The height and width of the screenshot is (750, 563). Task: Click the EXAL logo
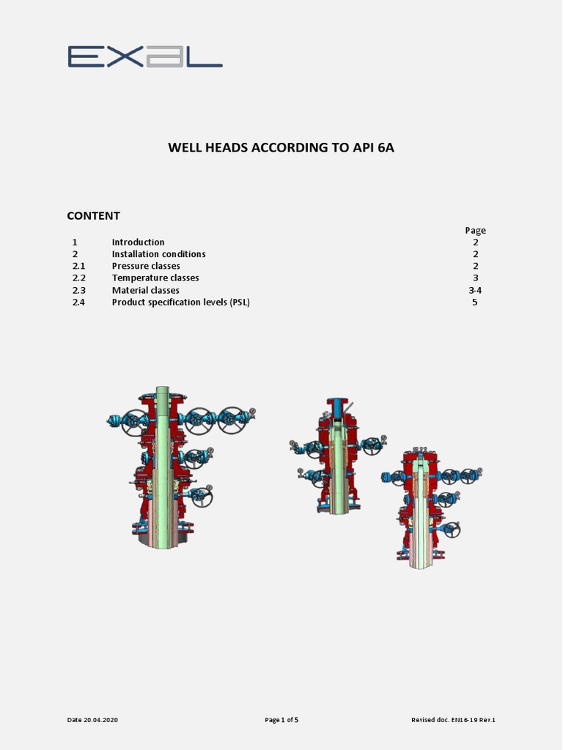coord(145,56)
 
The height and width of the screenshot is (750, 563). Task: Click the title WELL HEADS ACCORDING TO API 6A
coord(281,147)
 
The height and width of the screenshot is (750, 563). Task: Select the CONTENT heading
coord(93,215)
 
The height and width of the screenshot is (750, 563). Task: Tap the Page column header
coord(475,230)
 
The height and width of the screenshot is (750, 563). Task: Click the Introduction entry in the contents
coord(138,242)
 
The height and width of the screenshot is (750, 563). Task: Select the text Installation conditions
coord(158,254)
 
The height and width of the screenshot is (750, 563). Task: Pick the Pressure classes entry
coord(146,266)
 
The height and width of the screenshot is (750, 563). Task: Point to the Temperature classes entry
coord(155,278)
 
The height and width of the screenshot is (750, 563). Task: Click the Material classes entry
coord(145,290)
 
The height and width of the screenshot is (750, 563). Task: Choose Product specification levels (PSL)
coord(180,302)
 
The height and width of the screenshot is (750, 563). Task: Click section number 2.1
coord(78,266)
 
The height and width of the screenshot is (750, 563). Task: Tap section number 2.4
coord(78,302)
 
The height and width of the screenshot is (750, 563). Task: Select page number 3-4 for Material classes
coord(475,290)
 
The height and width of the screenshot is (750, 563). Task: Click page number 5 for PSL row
coord(475,302)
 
